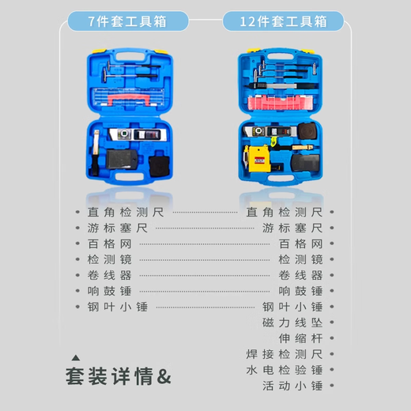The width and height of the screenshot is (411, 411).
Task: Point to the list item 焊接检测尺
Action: [x=285, y=354]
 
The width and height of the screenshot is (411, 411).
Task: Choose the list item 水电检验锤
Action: [x=285, y=370]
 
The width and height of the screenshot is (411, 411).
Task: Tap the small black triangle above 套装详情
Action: [x=76, y=357]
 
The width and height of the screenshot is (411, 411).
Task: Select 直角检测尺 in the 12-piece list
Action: [x=285, y=212]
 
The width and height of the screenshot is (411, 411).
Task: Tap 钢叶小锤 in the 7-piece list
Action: [x=118, y=307]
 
